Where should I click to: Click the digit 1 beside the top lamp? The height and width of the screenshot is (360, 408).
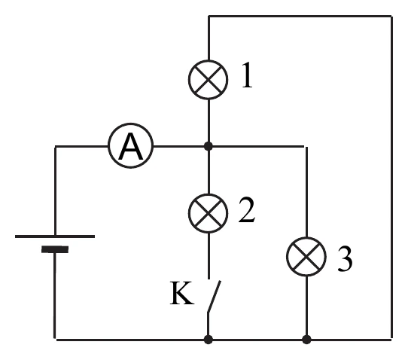coord(247,75)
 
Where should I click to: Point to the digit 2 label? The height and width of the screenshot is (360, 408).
coord(247,210)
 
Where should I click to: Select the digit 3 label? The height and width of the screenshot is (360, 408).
coord(345,259)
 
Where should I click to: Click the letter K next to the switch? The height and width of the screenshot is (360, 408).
coord(182,293)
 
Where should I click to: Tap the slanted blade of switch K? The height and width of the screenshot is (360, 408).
coord(214,296)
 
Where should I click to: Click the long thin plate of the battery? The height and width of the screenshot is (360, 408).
coord(55,236)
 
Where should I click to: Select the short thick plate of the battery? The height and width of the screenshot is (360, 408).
coord(55,249)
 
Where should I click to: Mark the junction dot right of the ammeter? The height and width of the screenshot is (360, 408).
coord(209,146)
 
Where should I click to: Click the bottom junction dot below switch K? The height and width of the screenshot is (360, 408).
coord(209,340)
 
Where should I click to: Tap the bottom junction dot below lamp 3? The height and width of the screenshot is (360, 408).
coord(306,340)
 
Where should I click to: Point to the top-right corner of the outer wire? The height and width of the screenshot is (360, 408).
coord(391,17)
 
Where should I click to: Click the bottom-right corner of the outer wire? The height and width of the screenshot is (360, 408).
coord(391,340)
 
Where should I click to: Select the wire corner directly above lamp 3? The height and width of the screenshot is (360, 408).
coord(306,147)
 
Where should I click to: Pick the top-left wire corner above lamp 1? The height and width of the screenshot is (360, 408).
coord(209,17)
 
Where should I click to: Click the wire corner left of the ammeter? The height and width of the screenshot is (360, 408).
coord(55,147)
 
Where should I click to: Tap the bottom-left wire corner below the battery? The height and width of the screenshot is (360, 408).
coord(55,340)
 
